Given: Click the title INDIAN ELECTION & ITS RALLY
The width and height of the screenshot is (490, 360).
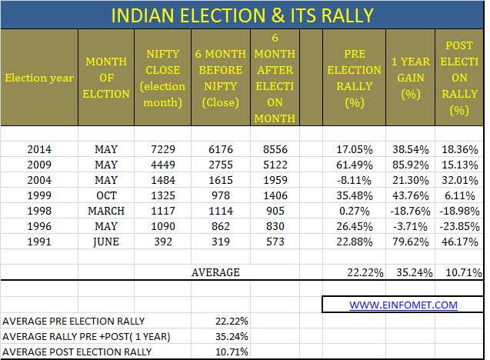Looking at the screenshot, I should pos(242,15).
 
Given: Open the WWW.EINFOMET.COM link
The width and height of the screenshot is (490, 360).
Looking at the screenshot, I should pos(403,305).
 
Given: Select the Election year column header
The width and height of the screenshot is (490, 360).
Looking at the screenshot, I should pos(39,78).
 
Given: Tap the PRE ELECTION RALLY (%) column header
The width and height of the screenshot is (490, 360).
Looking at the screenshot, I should pos(355,78).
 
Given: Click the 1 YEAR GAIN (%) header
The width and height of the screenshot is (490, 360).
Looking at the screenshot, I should pos(411,78).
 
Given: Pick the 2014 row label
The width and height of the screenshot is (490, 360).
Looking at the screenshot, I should pos(39,149).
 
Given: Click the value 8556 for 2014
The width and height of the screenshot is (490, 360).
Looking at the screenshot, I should pos(275,149).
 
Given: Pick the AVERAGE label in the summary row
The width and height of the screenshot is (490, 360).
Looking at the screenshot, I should pos(215,272).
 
